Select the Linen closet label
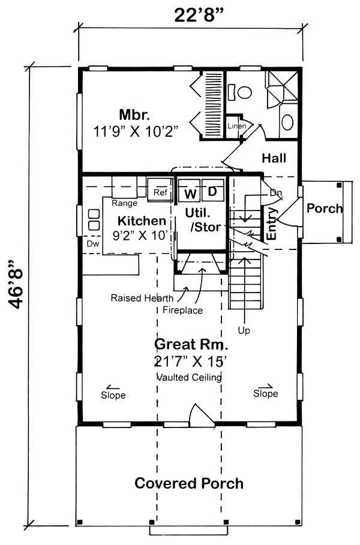(236, 126)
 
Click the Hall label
(274, 158)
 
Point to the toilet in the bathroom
(243, 92)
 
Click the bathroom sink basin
(287, 123)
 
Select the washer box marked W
(190, 193)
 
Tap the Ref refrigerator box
(160, 192)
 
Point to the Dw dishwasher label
(92, 244)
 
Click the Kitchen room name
(141, 221)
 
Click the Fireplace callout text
(183, 311)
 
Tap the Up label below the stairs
(244, 330)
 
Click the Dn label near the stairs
(275, 193)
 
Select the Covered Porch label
(188, 483)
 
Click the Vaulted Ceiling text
(189, 377)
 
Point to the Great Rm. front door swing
(199, 415)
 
